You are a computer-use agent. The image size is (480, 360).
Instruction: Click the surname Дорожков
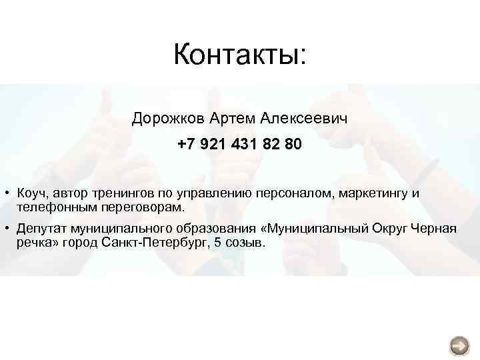click(168, 119)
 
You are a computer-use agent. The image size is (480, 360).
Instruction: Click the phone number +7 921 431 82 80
click(239, 145)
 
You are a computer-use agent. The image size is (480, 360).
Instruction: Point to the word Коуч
click(31, 194)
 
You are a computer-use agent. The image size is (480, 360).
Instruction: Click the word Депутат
click(41, 229)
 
